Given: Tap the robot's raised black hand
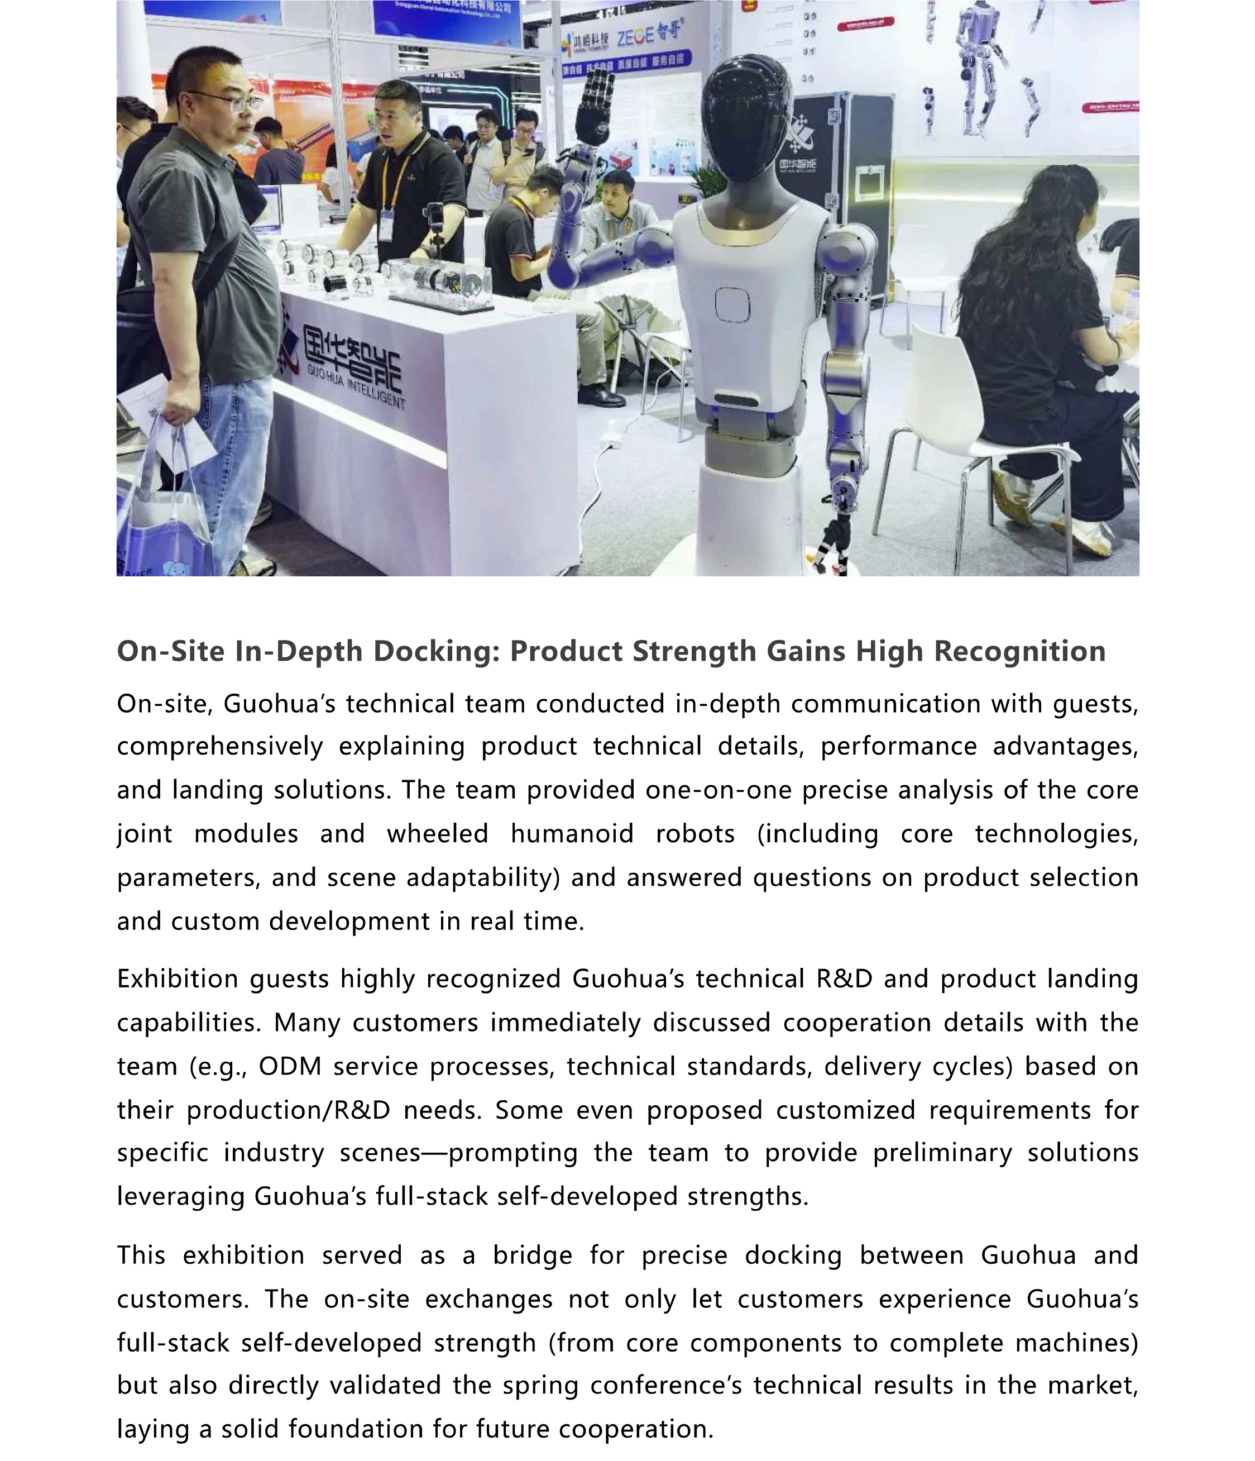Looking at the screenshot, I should (596, 106).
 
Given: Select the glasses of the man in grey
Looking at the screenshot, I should (233, 102).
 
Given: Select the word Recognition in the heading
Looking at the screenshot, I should (1019, 651).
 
